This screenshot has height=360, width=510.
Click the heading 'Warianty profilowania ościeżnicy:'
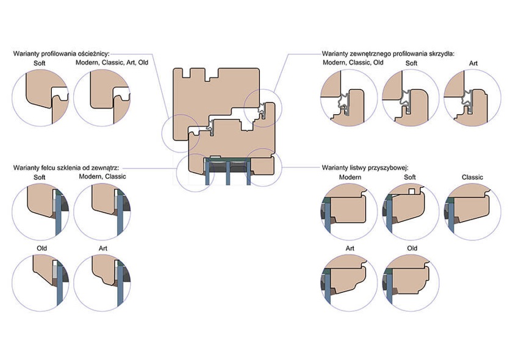[x=65, y=54]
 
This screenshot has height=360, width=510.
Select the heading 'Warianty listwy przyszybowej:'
[x=365, y=167]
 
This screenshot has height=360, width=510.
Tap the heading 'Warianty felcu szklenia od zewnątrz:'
[x=66, y=167]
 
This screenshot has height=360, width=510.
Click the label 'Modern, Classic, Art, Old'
[x=112, y=63]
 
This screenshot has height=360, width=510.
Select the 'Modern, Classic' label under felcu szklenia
[x=102, y=177]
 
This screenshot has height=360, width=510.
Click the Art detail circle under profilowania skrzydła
[x=473, y=98]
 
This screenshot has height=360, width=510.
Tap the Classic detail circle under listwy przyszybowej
[x=473, y=211]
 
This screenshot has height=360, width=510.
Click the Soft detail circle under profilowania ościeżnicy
[x=41, y=98]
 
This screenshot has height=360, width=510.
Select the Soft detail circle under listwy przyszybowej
[x=411, y=211]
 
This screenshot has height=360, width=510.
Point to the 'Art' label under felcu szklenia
[x=102, y=249]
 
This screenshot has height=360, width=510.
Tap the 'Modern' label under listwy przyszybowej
[x=350, y=178]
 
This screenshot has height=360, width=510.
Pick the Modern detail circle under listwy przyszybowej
[x=350, y=211]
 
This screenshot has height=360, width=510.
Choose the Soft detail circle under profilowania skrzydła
[x=411, y=98]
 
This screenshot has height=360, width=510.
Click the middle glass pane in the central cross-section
[x=227, y=174]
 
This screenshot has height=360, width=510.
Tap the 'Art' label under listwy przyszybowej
[x=350, y=249]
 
